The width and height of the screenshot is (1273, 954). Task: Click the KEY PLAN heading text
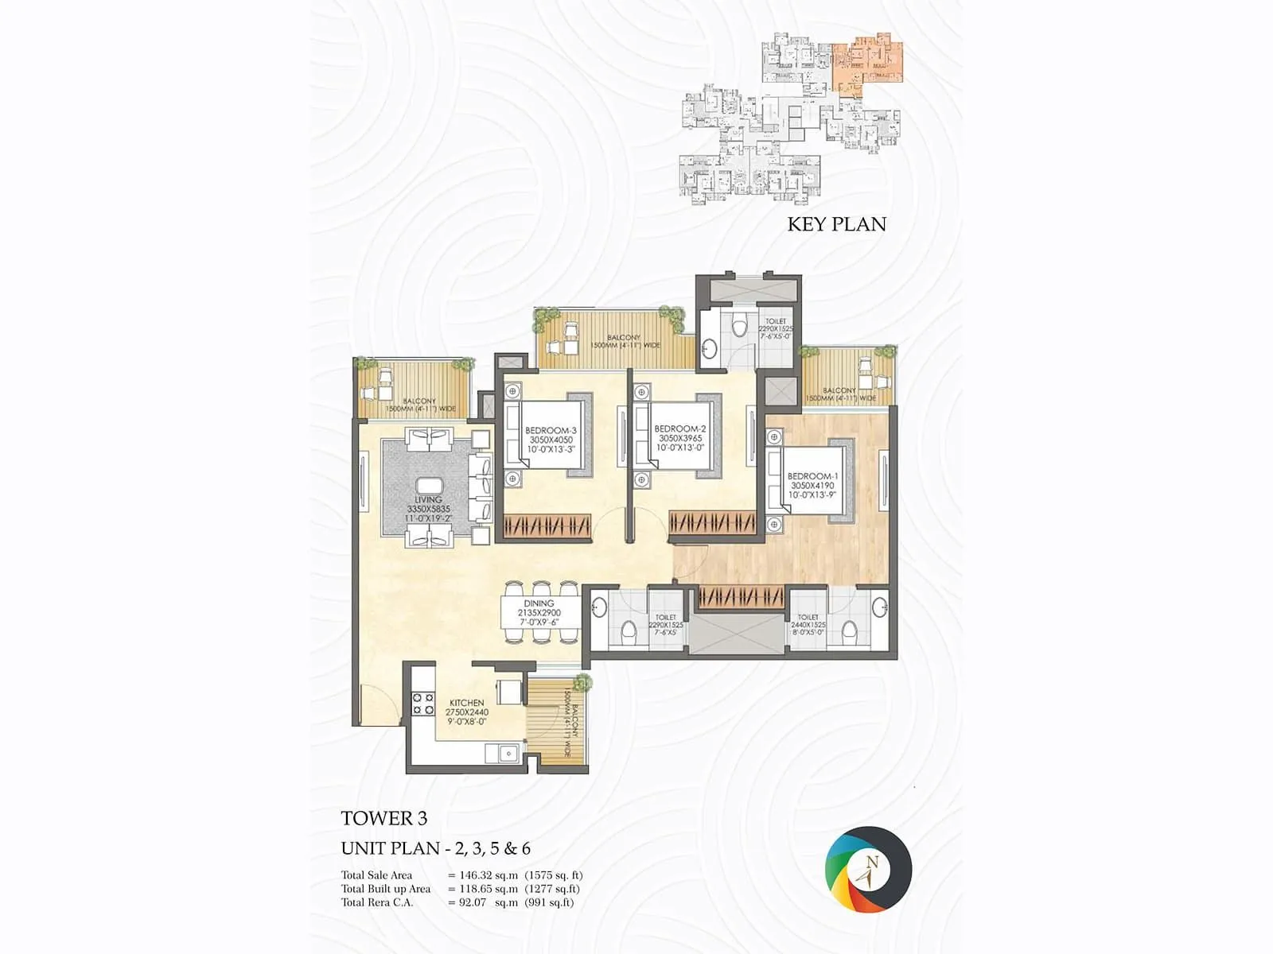click(x=836, y=224)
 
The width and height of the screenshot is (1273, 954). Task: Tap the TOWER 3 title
click(x=384, y=818)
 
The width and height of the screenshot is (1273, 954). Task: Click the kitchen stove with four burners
click(x=422, y=703)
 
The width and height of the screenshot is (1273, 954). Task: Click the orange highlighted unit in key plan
click(x=869, y=60)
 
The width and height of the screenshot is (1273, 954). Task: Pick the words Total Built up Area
click(x=386, y=889)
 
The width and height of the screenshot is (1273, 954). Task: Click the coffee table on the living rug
click(x=428, y=487)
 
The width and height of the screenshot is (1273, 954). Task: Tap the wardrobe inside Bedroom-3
click(x=547, y=525)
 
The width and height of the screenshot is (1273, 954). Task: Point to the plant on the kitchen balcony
click(x=584, y=682)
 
